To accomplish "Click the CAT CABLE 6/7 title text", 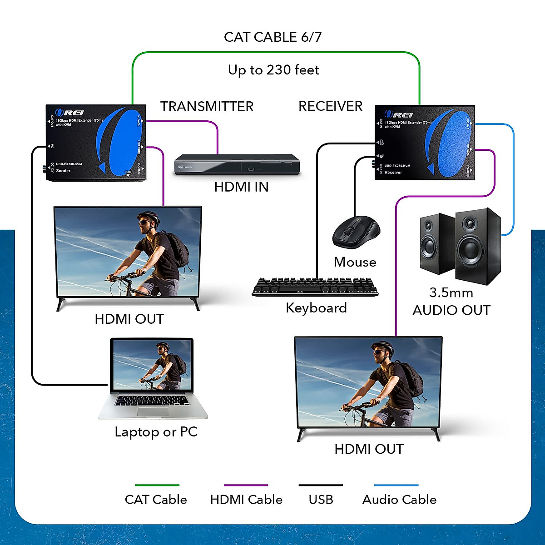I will (272, 37).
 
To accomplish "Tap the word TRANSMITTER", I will (207, 107).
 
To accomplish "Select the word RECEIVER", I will (330, 106).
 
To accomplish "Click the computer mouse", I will (356, 232).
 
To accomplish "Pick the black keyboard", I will (315, 287).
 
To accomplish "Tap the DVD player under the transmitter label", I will (237, 164).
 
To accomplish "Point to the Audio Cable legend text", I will (399, 500).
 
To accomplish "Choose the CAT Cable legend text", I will (156, 500).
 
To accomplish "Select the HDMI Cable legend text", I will (246, 500).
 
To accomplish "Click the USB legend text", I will (321, 500).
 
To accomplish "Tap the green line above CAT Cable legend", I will (157, 485).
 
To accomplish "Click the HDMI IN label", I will (241, 187).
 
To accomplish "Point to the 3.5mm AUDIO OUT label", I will (451, 302).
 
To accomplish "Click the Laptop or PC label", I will (156, 432).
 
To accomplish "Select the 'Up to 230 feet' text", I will (273, 70).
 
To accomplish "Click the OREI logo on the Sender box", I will (69, 113).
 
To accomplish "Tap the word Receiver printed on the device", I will (393, 173).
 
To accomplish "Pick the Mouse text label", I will (355, 262).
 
